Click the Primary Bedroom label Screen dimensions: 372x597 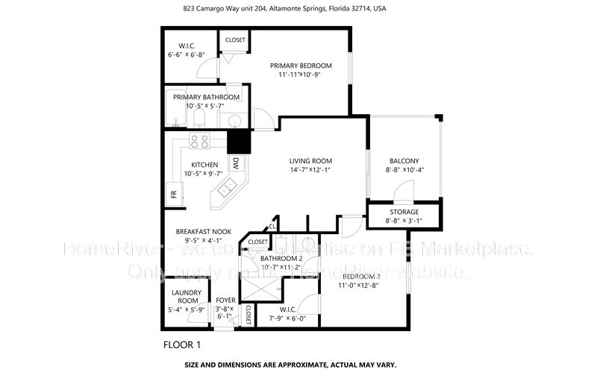click(300, 66)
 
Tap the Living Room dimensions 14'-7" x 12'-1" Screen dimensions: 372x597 click(310, 171)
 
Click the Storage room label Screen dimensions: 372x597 click(404, 212)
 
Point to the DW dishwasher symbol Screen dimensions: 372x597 click(235, 163)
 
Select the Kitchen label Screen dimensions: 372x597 click(204, 165)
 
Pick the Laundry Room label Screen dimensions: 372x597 click(184, 296)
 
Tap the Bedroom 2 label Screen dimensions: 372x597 click(361, 275)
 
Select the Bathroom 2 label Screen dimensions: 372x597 click(271, 258)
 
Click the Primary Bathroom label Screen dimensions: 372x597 click(206, 97)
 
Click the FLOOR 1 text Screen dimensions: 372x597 click(181, 345)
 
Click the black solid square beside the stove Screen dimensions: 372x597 click(238, 141)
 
